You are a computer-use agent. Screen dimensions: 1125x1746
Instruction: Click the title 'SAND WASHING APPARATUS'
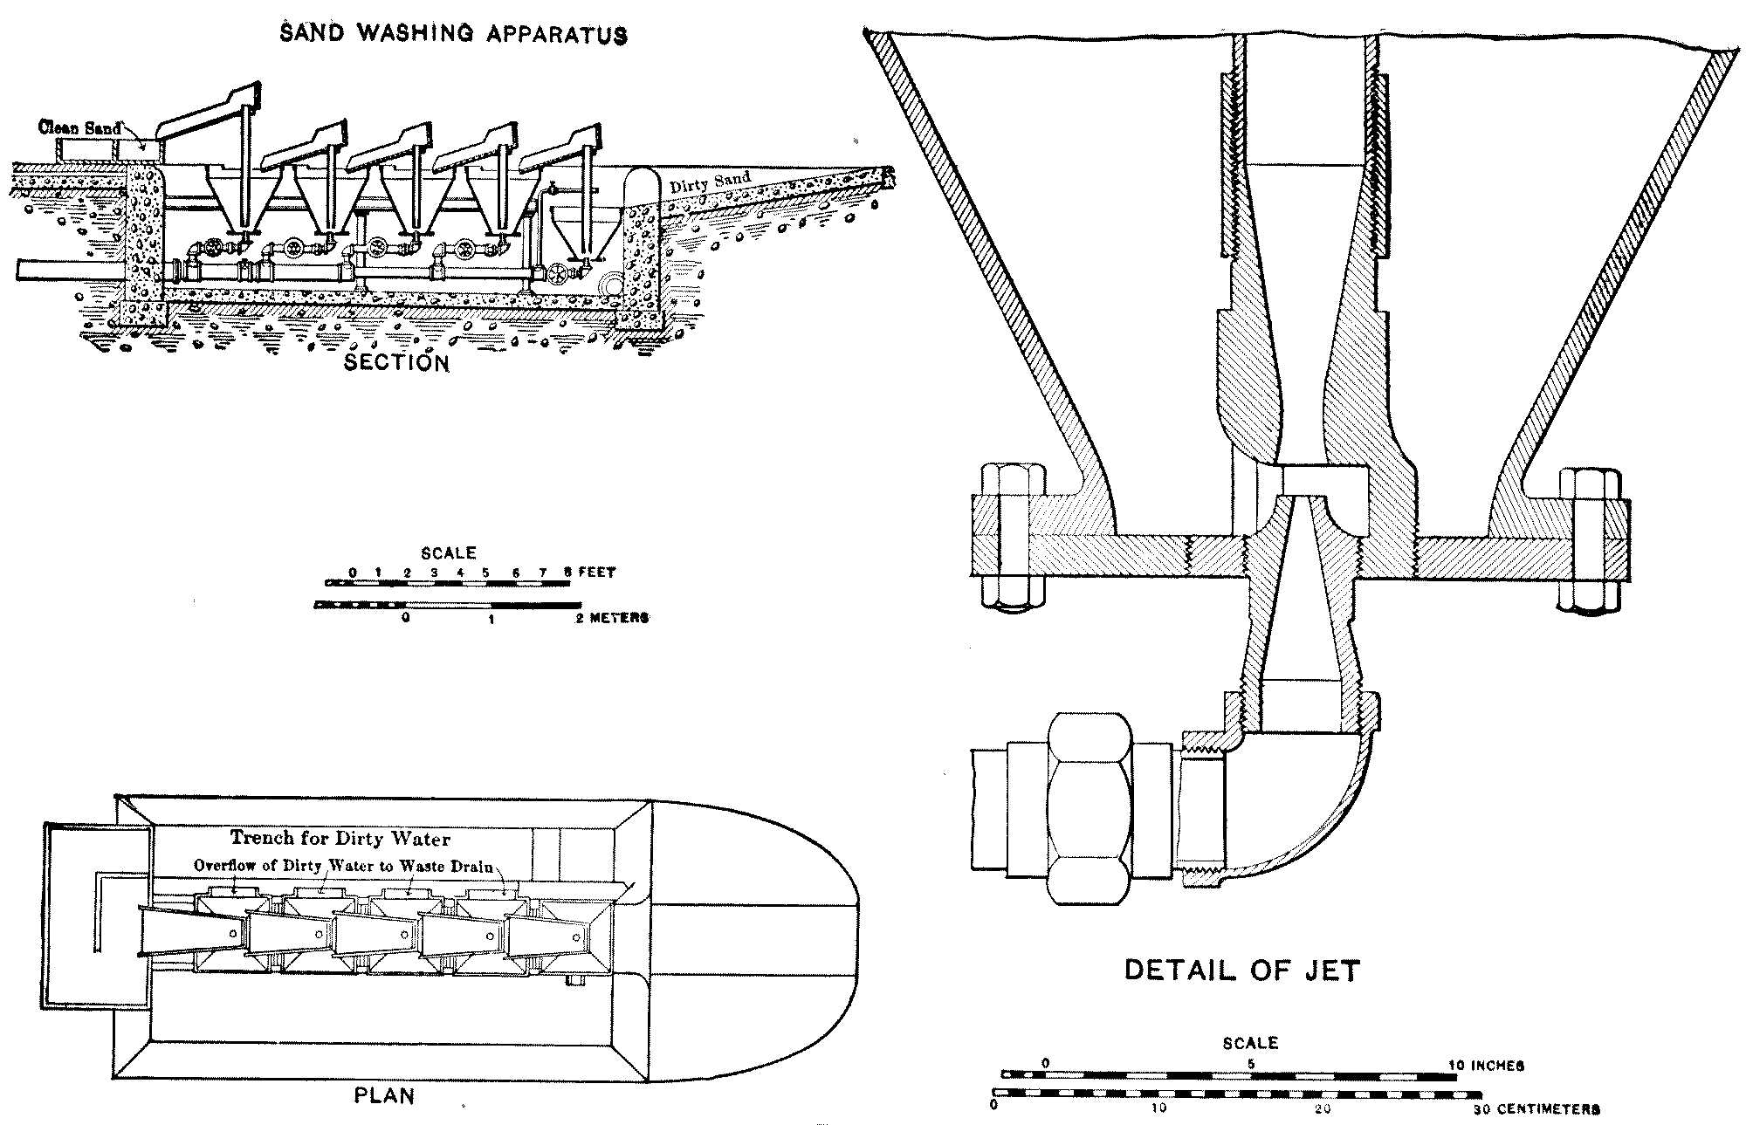(x=453, y=34)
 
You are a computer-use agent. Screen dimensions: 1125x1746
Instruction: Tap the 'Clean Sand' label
(x=79, y=127)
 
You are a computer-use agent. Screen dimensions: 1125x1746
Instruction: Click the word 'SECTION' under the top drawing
(x=396, y=362)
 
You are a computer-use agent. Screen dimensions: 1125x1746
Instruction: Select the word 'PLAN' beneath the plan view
(x=384, y=1096)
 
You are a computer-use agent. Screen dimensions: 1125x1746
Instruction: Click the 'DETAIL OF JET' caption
(x=1242, y=971)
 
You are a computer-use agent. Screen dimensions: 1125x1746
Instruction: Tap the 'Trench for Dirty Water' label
(x=340, y=839)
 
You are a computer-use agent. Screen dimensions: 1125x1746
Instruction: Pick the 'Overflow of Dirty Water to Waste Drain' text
(x=343, y=866)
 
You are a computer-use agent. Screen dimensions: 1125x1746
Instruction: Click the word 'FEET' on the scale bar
(x=597, y=573)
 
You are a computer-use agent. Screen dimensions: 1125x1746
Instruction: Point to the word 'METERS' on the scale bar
(x=619, y=618)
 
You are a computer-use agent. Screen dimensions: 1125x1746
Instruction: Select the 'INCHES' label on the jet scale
(x=1497, y=1066)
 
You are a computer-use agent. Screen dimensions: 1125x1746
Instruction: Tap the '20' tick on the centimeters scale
(x=1323, y=1108)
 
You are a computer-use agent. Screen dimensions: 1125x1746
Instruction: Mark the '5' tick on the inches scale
(x=1250, y=1065)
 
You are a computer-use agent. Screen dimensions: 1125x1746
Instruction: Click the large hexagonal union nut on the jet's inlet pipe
(x=1090, y=808)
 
